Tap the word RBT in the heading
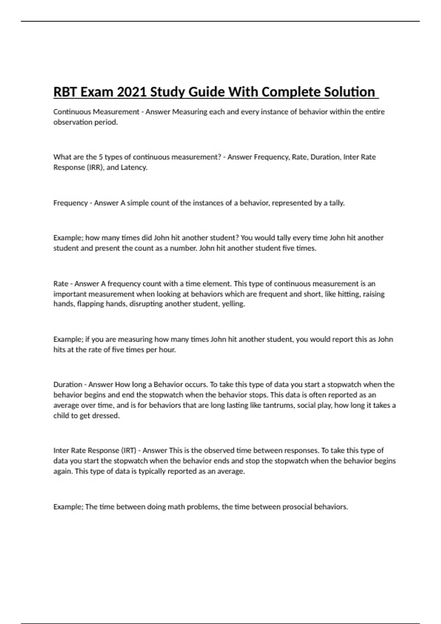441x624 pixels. pyautogui.click(x=65, y=92)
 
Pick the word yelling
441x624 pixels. pyautogui.click(x=233, y=304)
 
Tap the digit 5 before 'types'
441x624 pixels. pyautogui.click(x=100, y=157)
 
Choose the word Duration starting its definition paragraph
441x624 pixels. pyautogui.click(x=68, y=385)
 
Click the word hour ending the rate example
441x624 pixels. pyautogui.click(x=167, y=350)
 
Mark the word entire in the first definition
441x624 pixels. pyautogui.click(x=375, y=112)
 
